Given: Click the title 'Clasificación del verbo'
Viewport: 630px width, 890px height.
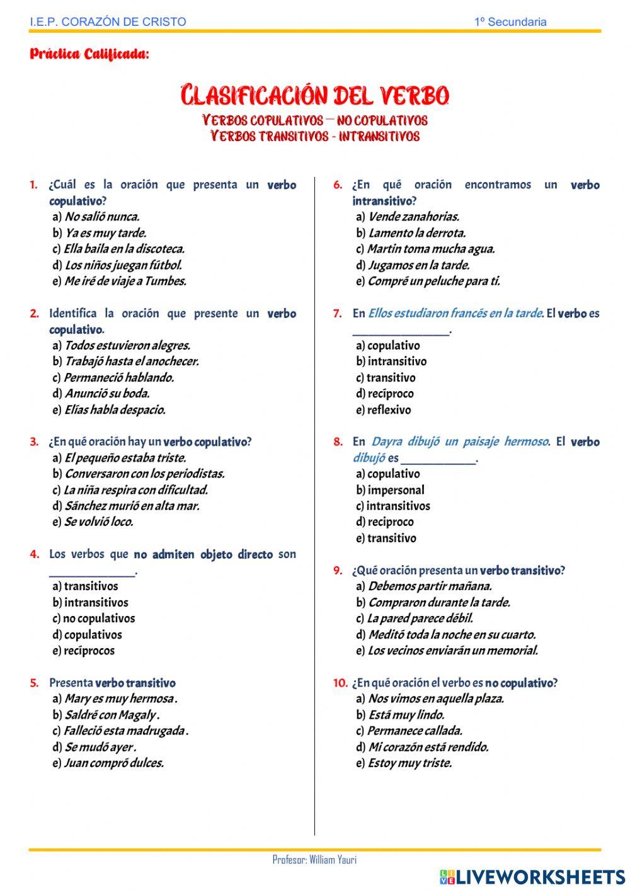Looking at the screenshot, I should coord(314,96).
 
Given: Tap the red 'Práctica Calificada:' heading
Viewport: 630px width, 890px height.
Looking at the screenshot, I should coord(89,54).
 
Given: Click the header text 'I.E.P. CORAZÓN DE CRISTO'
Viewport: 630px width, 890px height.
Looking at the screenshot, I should coord(108,22).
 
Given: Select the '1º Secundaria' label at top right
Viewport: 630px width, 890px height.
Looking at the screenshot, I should coord(510,22).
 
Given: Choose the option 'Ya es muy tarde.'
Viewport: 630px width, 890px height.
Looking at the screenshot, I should coord(105,233).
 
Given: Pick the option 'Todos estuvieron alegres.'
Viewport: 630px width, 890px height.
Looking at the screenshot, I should coord(127,345).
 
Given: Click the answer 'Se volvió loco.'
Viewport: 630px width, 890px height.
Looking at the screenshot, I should coord(98,522).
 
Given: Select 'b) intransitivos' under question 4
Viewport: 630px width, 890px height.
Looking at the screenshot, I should coord(90,602).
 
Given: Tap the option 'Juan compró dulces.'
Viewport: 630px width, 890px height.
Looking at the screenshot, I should coord(113,763).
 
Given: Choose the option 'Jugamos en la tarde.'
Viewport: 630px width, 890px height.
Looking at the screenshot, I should coord(418,265).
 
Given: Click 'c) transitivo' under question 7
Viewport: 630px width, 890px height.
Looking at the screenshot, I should coord(386,377).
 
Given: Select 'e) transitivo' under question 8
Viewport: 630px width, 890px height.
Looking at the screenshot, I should coord(386,538).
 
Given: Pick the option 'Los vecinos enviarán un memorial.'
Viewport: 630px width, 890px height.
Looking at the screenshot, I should coord(452,650).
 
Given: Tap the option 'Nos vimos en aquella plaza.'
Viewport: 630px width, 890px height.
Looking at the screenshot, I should coord(435,699).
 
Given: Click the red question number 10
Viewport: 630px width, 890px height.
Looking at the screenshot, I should coord(340,683).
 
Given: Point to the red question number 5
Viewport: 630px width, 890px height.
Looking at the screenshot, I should coord(34,683).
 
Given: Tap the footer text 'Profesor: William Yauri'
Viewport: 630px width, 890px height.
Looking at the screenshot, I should coord(314,860).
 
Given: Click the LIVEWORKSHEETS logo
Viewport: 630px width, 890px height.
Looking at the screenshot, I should coord(532,877).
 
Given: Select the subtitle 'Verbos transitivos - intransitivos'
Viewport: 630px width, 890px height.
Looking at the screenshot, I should coord(314,136).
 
